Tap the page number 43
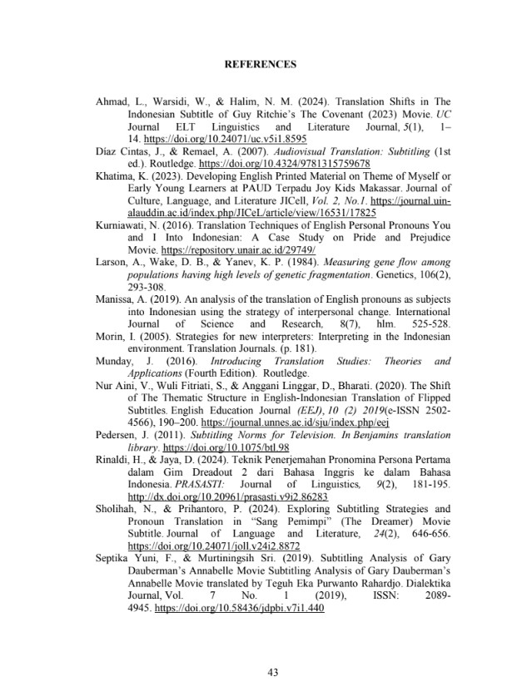[x=259, y=673]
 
